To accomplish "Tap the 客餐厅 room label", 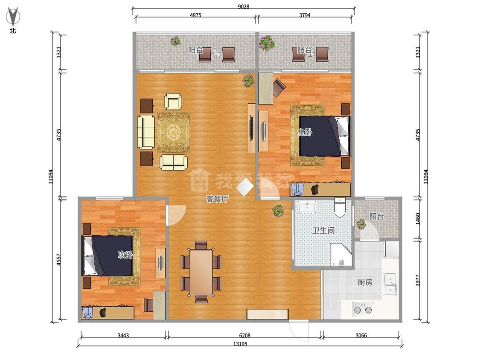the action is click(x=217, y=199).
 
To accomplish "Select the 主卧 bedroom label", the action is click(x=305, y=132).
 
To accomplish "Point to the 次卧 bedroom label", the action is click(x=125, y=254).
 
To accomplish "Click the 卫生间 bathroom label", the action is click(x=323, y=230).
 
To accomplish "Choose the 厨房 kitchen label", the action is click(x=365, y=282).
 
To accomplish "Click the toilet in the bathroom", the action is click(x=340, y=207).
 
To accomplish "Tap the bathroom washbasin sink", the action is click(x=307, y=207).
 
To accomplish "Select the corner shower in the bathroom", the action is click(x=341, y=255).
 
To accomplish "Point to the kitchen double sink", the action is click(x=390, y=284).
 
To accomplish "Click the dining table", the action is click(x=201, y=272).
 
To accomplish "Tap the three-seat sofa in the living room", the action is click(x=146, y=132).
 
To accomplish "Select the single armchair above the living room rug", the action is click(x=173, y=102).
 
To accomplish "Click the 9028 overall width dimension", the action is click(x=244, y=6).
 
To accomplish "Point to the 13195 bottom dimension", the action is click(x=240, y=344).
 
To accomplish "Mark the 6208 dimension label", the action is click(x=245, y=335).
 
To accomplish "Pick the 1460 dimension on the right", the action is click(x=418, y=218).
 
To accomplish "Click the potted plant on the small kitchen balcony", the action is click(x=361, y=224).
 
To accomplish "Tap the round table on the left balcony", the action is click(x=217, y=52).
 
